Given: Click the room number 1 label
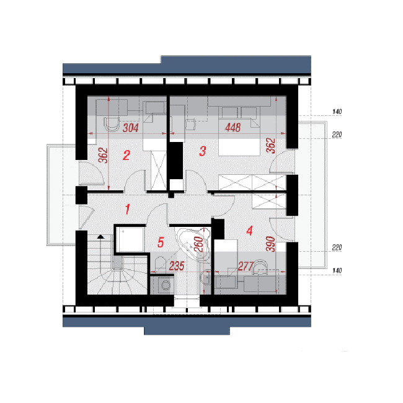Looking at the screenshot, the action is click(x=128, y=209).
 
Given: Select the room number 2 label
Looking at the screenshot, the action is click(x=126, y=155).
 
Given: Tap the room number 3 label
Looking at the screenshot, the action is click(x=203, y=151).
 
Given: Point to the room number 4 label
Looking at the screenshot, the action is click(x=250, y=231).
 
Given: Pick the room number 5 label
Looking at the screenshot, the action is click(x=161, y=242).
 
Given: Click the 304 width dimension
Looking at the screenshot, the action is click(x=131, y=128).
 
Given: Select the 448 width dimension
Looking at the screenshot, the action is click(x=233, y=127).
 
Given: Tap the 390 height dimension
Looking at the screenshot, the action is click(x=271, y=244).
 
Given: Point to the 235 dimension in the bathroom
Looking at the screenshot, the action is click(x=177, y=266).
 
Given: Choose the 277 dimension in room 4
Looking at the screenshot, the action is click(x=246, y=266).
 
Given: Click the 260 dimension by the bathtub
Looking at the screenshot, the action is click(x=198, y=244).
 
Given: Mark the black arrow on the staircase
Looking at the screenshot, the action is click(x=100, y=236).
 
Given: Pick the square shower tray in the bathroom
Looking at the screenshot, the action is click(x=130, y=239).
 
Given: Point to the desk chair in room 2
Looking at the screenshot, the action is click(x=112, y=124).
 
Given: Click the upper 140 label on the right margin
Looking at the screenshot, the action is click(x=337, y=112).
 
